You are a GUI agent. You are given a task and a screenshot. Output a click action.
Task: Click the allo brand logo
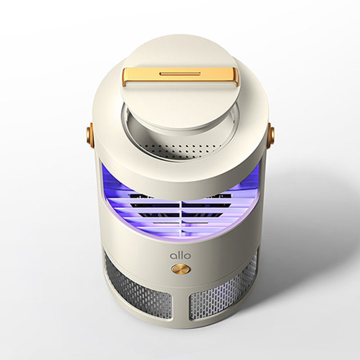pos(180,255)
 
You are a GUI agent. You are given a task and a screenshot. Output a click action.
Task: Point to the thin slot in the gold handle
pos(180,74)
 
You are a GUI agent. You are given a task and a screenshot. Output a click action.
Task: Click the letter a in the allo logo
pos(173,256)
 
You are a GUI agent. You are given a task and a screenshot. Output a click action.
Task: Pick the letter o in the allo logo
pos(187,256)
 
